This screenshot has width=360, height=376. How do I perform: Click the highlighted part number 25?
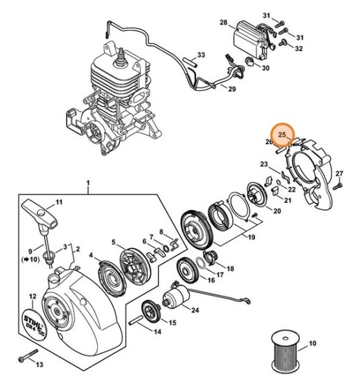(282, 134)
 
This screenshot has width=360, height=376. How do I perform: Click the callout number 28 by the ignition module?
(223, 23)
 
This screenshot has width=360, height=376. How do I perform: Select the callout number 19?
(252, 237)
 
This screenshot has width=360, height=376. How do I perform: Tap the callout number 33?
(201, 55)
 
